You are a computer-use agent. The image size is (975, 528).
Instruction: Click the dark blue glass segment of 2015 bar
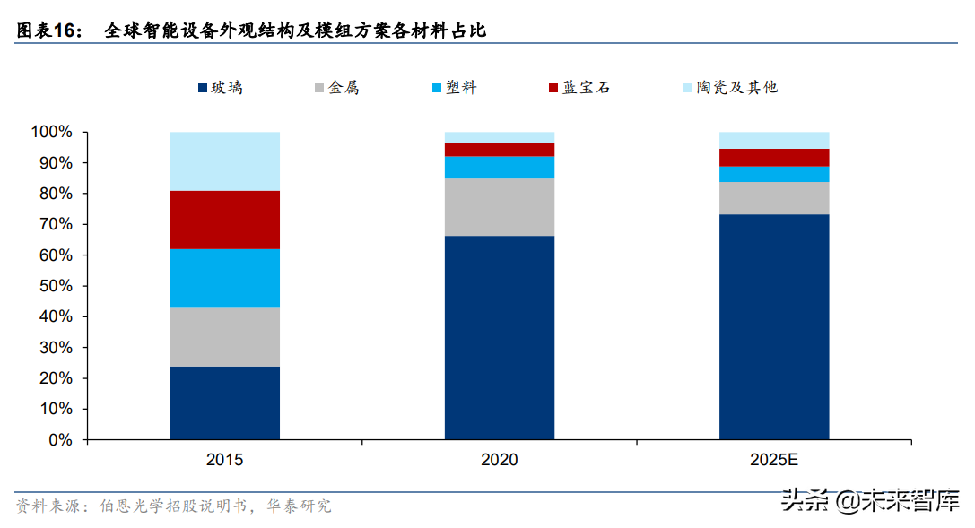pyautogui.click(x=224, y=402)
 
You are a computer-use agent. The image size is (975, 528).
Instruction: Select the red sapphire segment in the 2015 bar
pyautogui.click(x=224, y=219)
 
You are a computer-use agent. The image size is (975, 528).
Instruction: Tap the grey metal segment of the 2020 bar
pyautogui.click(x=499, y=206)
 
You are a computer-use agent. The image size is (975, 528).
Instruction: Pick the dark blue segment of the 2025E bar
pyautogui.click(x=774, y=326)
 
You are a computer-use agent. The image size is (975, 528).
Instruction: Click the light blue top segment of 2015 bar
pyautogui.click(x=224, y=160)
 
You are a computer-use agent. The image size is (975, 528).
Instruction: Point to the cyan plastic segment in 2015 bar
pyautogui.click(x=224, y=278)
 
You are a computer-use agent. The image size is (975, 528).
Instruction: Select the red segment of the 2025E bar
pyautogui.click(x=774, y=157)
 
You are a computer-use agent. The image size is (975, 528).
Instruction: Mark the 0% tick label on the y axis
pyautogui.click(x=59, y=440)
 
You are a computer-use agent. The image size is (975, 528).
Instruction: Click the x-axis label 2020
pyautogui.click(x=499, y=460)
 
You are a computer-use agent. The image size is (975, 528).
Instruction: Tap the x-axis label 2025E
pyautogui.click(x=774, y=460)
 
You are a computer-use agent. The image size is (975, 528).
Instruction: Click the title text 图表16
pyautogui.click(x=48, y=30)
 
